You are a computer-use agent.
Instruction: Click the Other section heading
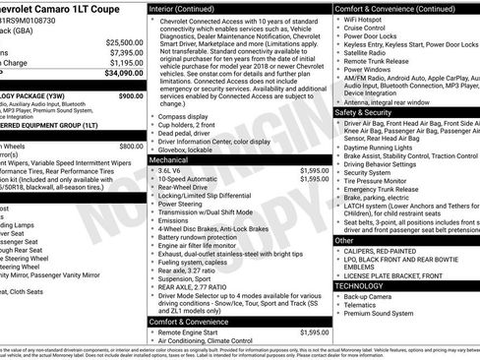pos(344,239)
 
